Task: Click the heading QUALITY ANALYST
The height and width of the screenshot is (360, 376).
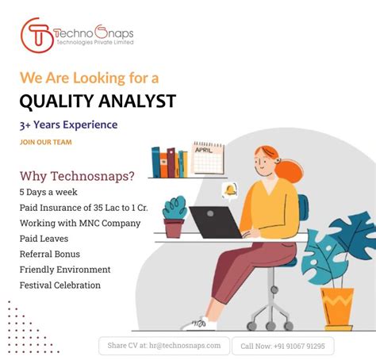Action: pos(98,101)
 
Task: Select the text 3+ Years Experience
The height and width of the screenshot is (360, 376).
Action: pos(69,124)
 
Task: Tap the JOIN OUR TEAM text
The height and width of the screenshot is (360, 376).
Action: pos(46,143)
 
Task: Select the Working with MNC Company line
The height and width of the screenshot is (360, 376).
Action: pos(80,223)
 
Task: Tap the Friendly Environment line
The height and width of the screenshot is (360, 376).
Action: pos(65,270)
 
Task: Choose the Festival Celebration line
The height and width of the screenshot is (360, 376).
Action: pos(60,285)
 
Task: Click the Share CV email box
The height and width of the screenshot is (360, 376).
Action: pos(164,346)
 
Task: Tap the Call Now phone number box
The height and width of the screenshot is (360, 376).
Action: pos(283,346)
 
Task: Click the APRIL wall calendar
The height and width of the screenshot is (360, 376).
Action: pos(209,157)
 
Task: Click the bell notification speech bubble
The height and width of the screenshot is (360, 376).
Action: pos(230,191)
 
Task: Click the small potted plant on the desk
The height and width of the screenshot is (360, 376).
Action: pos(175,216)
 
